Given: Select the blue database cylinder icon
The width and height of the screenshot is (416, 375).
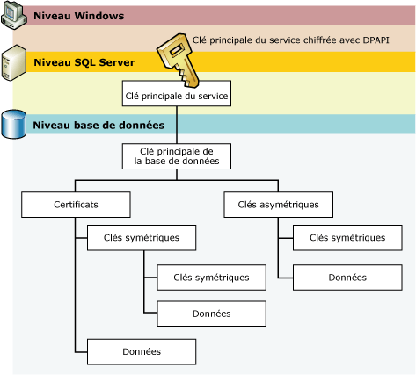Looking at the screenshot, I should click(14, 125).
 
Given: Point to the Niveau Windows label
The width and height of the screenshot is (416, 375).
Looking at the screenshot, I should click(78, 17).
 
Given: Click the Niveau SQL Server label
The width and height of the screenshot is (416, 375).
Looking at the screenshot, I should click(84, 62).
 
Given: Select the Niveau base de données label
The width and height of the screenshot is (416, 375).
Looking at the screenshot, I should click(99, 126).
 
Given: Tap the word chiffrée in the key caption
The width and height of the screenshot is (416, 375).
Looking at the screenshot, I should click(310, 40).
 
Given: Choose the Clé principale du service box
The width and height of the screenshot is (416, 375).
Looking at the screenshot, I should click(176, 94).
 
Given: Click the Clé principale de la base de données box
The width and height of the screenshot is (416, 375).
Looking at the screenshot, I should click(176, 156).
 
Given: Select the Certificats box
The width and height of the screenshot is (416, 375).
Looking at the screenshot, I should click(75, 205).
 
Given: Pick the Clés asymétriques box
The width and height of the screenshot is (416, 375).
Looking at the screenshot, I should click(278, 205).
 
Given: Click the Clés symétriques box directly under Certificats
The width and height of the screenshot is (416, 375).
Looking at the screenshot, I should click(141, 238).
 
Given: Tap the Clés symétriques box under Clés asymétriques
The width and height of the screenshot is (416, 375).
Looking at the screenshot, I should click(347, 238).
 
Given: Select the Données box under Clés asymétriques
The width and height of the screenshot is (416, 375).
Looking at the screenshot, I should click(347, 277).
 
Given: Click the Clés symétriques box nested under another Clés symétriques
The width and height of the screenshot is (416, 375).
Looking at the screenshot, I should click(210, 277).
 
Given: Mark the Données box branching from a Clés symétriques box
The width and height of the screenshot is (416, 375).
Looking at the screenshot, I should click(210, 314).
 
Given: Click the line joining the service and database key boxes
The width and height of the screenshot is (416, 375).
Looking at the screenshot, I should click(176, 125).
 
